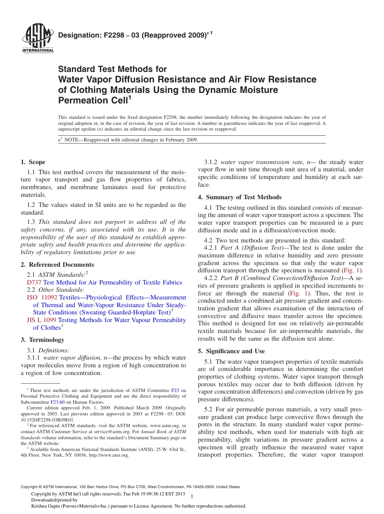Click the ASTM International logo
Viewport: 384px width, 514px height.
pos(37,39)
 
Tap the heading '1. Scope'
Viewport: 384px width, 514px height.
pos(33,162)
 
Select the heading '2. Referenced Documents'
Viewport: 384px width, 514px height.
pos(57,265)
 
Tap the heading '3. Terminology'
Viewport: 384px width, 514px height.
pos(42,340)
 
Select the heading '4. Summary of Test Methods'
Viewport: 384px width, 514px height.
pos(240,197)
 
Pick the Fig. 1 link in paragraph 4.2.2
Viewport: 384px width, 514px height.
pos(298,293)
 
